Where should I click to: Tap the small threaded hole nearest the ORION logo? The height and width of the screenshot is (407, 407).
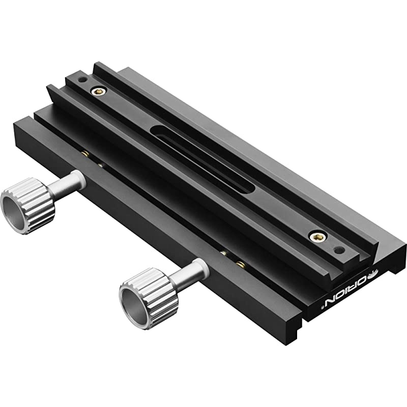(340, 249)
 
